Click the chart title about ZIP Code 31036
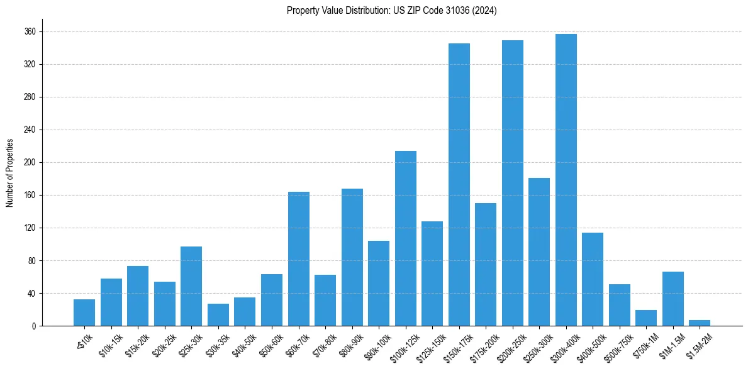(391, 11)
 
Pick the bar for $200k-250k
(512, 183)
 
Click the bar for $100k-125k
(405, 238)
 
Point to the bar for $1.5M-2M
(699, 323)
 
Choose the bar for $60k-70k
(298, 258)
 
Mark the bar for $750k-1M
(645, 318)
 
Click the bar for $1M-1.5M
(673, 299)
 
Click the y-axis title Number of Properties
(9, 173)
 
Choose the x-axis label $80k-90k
(349, 345)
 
